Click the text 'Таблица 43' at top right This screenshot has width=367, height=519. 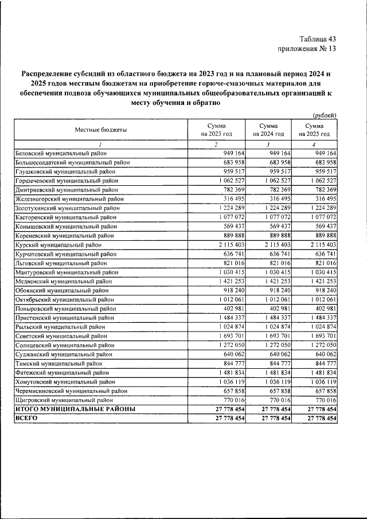tap(318, 38)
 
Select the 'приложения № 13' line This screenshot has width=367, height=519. tap(306, 49)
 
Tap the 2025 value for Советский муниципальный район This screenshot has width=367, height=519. tap(323, 336)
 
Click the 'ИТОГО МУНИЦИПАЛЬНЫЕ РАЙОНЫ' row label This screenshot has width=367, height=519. tap(75, 409)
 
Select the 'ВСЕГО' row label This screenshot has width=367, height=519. tap(26, 419)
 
